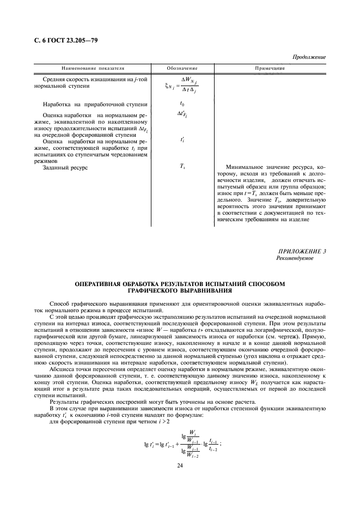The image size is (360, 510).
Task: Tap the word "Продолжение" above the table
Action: tap(309, 57)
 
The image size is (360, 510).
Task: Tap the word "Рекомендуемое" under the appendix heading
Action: tap(295, 258)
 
